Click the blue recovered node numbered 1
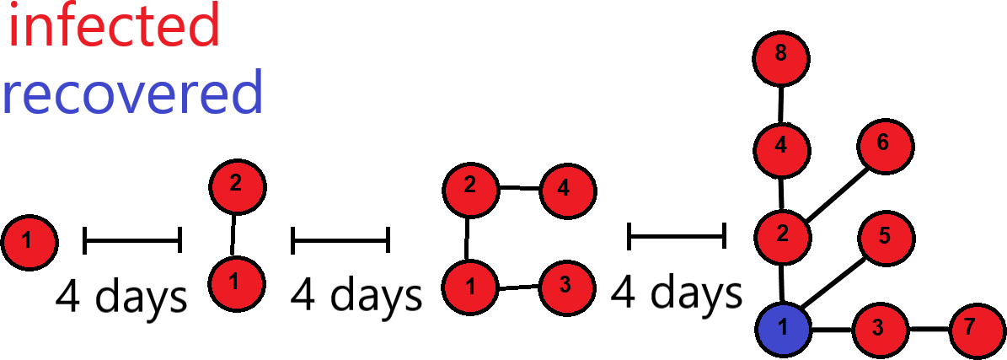(782, 329)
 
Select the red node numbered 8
(781, 58)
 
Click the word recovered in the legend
(132, 94)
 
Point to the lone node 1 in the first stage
(29, 243)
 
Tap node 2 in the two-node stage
(237, 186)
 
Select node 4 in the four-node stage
(568, 191)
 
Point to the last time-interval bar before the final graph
(677, 236)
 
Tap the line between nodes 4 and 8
(781, 105)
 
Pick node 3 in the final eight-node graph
(880, 330)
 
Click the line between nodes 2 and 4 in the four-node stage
(519, 188)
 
